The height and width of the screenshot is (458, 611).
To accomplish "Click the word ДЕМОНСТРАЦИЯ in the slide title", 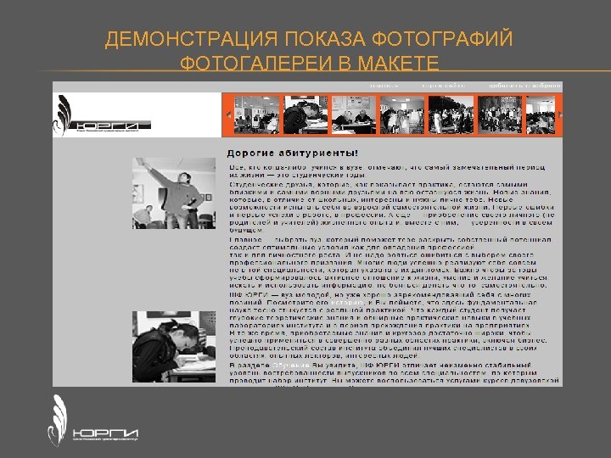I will pos(191,40).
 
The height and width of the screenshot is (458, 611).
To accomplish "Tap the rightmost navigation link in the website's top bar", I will pos(530,86).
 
